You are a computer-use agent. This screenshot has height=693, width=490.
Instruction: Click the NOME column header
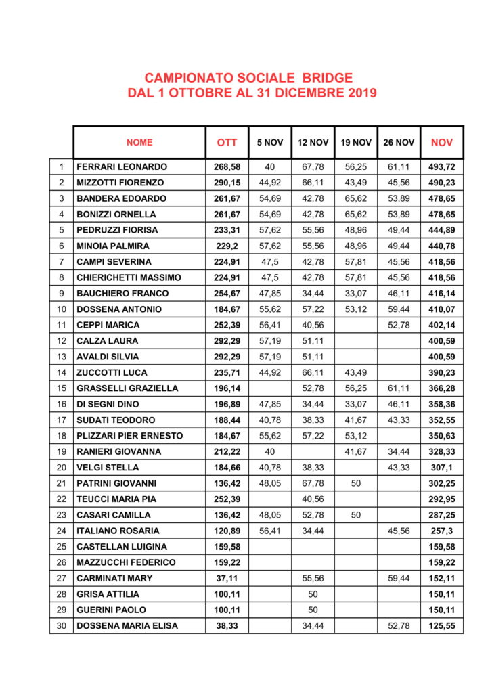coord(139,143)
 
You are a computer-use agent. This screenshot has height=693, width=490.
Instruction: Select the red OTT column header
coord(227,143)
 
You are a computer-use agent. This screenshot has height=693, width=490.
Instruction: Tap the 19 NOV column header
coord(355,143)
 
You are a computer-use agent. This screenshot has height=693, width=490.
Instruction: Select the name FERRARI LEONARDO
coord(122,166)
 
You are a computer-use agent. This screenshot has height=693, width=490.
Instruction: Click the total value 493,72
coord(442,166)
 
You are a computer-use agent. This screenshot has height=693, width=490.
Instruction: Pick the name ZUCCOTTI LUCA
coord(112,372)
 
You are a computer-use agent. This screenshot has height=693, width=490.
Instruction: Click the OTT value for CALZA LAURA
coord(227,340)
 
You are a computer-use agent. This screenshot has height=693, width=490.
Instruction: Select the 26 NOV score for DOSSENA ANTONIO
coord(399,309)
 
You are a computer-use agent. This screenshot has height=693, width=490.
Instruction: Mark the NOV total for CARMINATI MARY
coord(442,579)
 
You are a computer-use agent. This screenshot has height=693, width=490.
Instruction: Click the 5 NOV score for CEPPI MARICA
coord(270,325)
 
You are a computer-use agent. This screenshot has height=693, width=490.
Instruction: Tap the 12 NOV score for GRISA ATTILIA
coord(313,594)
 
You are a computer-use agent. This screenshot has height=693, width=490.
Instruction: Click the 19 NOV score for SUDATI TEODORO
coord(355,420)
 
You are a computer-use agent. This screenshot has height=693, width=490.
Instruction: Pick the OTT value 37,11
coord(227,579)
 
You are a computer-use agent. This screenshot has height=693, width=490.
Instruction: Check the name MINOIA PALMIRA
coord(113,246)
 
